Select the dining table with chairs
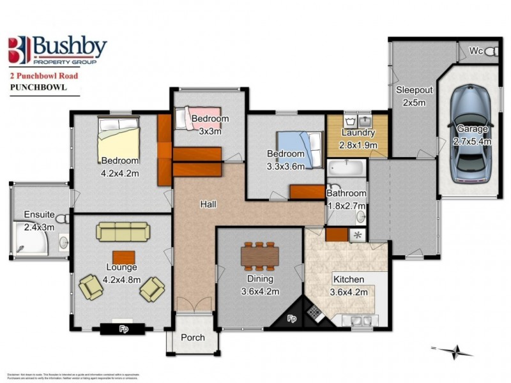coord(259,256)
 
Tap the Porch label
coord(192,337)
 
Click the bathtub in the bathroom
coord(346,169)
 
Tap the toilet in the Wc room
coord(491,51)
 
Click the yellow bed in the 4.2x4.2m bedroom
coord(118,139)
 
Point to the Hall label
coord(208,205)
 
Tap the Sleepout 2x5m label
coord(414,96)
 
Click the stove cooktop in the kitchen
coord(314,312)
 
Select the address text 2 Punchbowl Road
coord(45,75)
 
